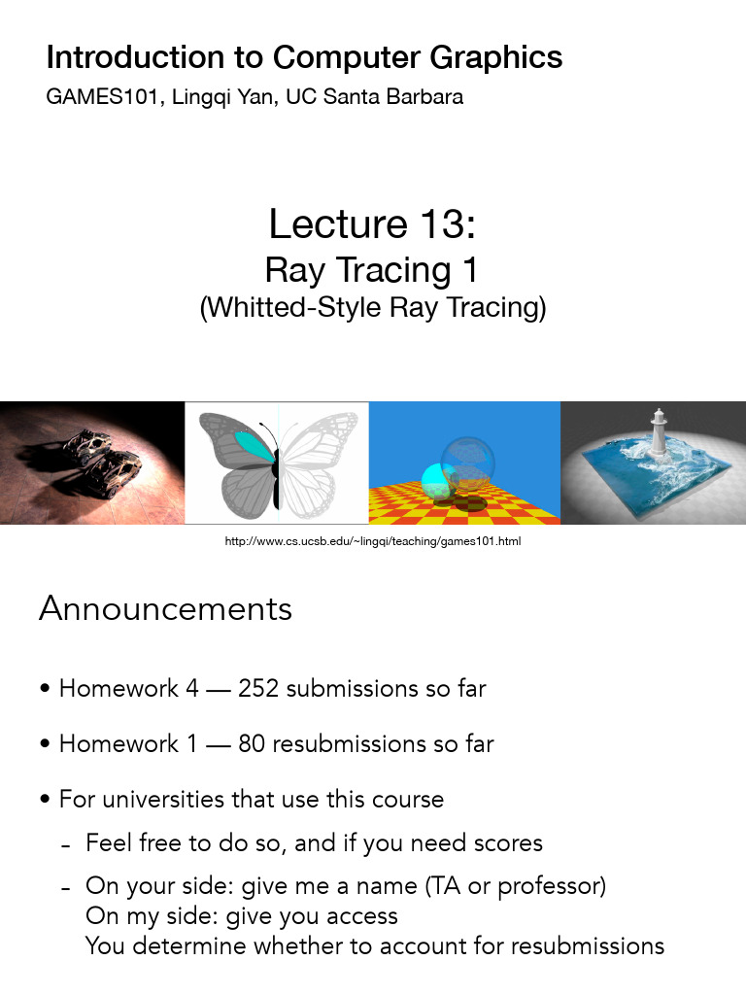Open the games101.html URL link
tap(373, 540)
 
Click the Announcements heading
tap(165, 609)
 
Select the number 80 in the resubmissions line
tap(252, 744)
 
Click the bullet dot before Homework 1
tap(46, 745)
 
